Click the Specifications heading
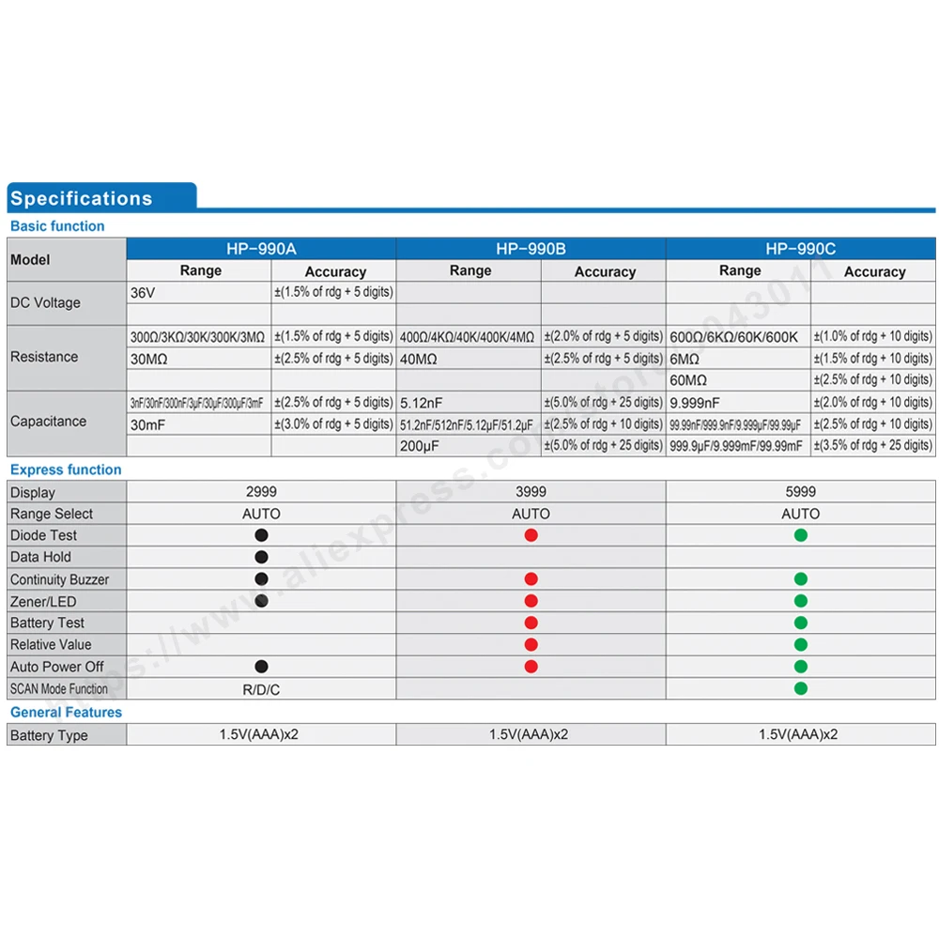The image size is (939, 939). (82, 198)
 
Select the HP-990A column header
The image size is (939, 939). (261, 249)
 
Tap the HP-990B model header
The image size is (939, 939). (531, 249)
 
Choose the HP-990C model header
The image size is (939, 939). (800, 249)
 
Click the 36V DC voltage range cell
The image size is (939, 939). (144, 293)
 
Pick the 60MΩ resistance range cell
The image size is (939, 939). (688, 380)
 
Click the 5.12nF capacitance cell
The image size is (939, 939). (422, 403)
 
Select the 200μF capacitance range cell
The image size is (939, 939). (419, 446)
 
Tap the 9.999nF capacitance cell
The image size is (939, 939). (695, 403)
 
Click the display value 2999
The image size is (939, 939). (261, 492)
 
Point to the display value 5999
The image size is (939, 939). (800, 492)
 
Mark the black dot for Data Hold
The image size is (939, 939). (262, 557)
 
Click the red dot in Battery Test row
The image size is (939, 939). (531, 623)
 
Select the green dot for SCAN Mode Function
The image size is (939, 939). (801, 688)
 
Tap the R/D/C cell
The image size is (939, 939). (261, 689)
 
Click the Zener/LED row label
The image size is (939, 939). (43, 601)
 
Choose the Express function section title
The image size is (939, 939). (66, 469)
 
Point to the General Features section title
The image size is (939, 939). (67, 713)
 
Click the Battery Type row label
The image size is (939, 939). (49, 735)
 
